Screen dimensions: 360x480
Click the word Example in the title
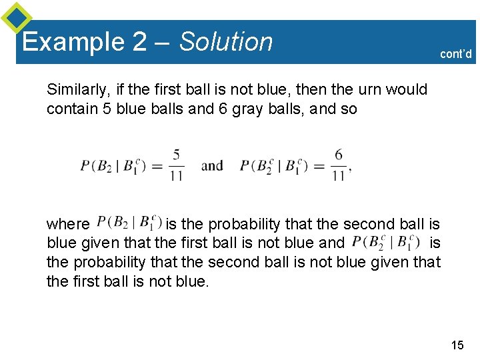(x=72, y=42)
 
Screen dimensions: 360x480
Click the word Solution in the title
(x=226, y=42)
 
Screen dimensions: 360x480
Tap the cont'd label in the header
(x=456, y=54)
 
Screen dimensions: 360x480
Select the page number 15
(x=457, y=345)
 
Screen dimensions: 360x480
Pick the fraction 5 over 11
(x=176, y=165)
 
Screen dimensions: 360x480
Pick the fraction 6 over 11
(x=339, y=165)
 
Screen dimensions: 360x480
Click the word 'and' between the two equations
(x=212, y=165)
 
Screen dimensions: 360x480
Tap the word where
(x=68, y=224)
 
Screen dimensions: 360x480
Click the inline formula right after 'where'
(x=129, y=221)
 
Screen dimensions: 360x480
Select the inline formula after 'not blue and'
(x=386, y=241)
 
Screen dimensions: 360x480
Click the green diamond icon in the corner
(x=16, y=17)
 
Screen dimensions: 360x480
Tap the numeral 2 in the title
(x=139, y=42)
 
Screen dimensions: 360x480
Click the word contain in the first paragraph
(x=69, y=108)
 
